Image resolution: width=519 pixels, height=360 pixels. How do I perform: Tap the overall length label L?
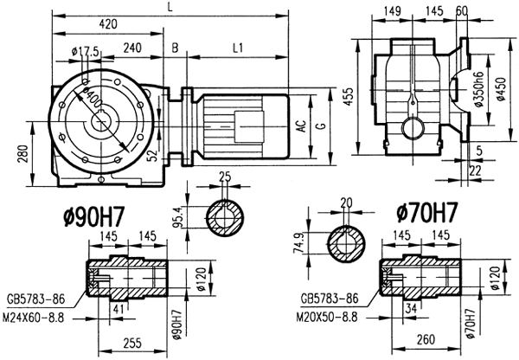pos(170,7)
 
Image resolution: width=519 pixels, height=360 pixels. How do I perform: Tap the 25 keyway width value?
pos(226,178)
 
